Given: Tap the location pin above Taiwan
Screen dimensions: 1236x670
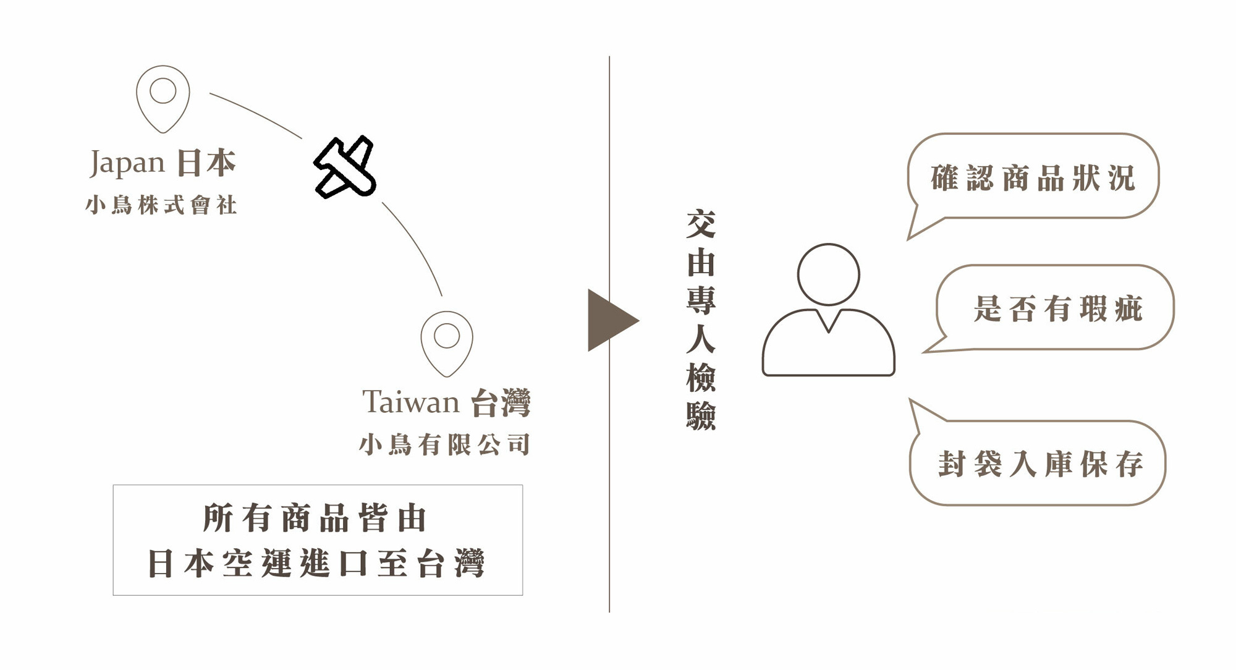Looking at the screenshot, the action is [x=447, y=342].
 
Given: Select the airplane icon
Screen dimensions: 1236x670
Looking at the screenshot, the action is [x=345, y=167].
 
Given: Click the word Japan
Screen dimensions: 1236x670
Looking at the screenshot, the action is [x=127, y=163].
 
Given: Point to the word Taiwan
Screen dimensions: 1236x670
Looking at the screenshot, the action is [x=410, y=402].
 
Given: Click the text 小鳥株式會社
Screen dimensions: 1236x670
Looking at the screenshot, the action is [x=161, y=205].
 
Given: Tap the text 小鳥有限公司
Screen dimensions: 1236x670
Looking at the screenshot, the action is [x=444, y=444].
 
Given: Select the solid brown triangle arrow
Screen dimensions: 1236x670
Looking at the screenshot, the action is [x=609, y=320].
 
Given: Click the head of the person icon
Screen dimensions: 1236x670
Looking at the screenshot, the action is [x=828, y=274].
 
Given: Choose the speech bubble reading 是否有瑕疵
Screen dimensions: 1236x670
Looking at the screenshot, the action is [x=1057, y=308].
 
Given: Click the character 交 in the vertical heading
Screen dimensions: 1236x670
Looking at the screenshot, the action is [x=701, y=224].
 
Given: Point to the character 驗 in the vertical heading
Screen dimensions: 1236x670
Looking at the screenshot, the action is [x=701, y=415].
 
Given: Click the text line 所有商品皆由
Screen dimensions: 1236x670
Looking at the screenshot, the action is [x=315, y=518].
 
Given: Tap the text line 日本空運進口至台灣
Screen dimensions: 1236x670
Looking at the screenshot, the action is [x=316, y=563].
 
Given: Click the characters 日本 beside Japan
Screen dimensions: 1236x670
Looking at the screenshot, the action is [x=206, y=163].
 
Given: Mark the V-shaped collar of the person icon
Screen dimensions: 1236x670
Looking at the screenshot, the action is [x=828, y=321].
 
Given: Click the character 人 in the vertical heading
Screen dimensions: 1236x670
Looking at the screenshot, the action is [x=701, y=339].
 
